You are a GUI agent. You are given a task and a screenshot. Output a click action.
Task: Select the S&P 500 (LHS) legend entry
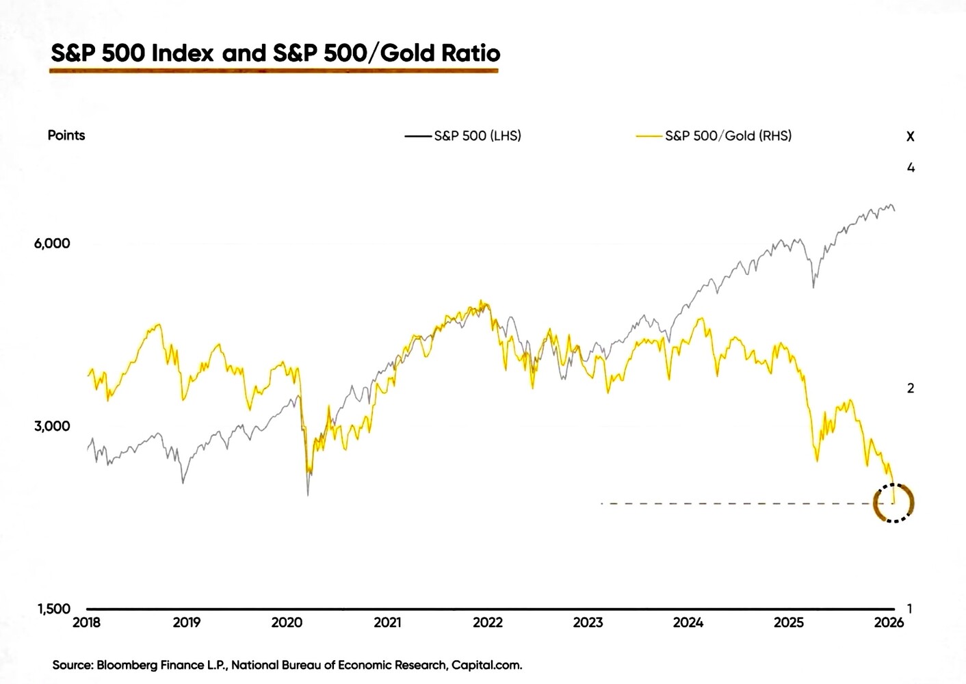click(477, 135)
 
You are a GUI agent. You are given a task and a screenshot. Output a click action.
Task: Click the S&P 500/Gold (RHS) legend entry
click(727, 135)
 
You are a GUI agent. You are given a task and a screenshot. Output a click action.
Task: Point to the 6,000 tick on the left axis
click(52, 244)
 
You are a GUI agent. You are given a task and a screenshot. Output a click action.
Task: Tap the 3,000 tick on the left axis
click(52, 426)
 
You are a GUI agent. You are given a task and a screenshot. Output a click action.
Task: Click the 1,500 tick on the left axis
click(53, 609)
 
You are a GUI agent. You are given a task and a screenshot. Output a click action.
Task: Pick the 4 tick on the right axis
click(911, 168)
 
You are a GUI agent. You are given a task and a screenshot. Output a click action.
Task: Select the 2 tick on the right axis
click(911, 388)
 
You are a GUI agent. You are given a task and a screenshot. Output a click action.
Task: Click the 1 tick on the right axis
click(910, 608)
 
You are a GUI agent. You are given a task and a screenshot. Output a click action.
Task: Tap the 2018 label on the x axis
click(86, 622)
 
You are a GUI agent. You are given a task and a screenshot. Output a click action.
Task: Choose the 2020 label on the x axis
click(287, 622)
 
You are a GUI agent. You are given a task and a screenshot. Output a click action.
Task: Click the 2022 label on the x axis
click(488, 622)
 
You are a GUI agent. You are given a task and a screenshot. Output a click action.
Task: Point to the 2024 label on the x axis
click(688, 622)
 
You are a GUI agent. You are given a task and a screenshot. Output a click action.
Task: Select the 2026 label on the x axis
click(889, 622)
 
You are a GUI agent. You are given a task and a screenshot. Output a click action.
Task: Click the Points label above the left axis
click(66, 135)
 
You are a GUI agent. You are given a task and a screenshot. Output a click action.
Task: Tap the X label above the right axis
click(910, 137)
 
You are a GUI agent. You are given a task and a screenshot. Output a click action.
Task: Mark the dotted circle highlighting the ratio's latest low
click(894, 503)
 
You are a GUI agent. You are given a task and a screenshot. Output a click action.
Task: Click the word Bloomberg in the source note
click(127, 665)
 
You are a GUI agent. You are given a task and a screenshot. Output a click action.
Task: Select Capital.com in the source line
click(486, 665)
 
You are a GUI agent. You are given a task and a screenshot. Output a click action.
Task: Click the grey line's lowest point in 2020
click(308, 495)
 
